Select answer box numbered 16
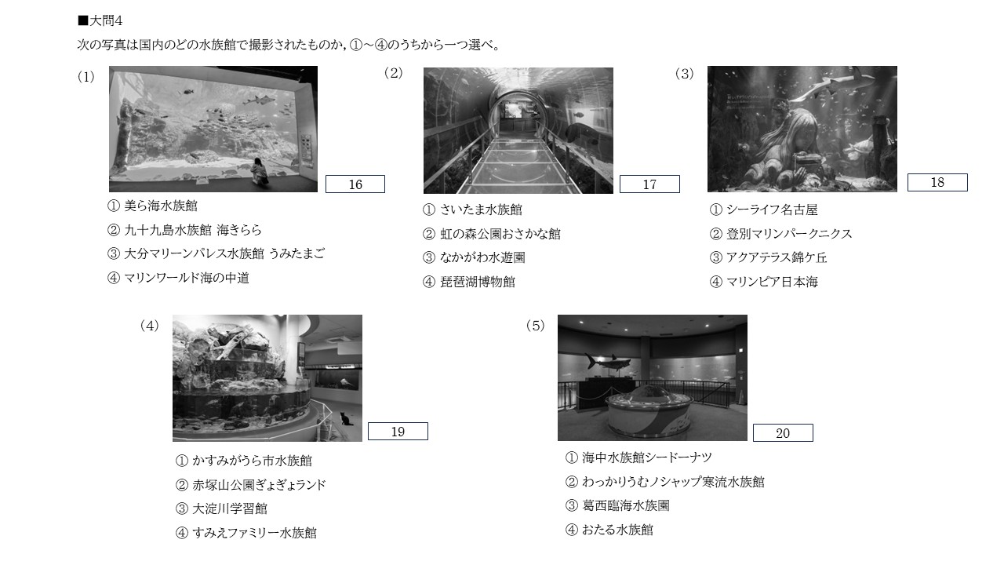click(x=355, y=184)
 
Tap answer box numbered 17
click(x=649, y=184)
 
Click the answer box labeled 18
click(x=937, y=182)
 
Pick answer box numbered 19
click(x=398, y=432)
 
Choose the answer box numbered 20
click(x=783, y=432)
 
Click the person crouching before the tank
click(x=259, y=171)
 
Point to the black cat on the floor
click(x=345, y=419)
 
